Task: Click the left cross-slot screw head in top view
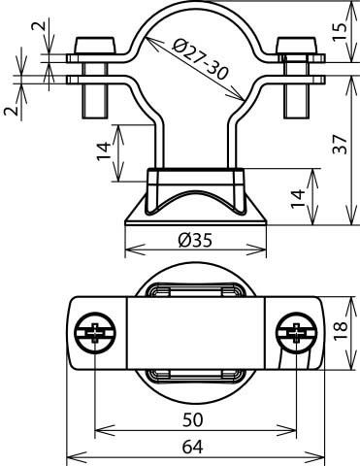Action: point(94,334)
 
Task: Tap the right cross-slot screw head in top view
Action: point(295,334)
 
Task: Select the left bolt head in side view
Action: point(94,46)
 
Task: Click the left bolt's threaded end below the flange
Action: point(94,97)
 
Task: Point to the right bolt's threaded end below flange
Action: point(294,97)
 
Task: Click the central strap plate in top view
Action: point(195,334)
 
